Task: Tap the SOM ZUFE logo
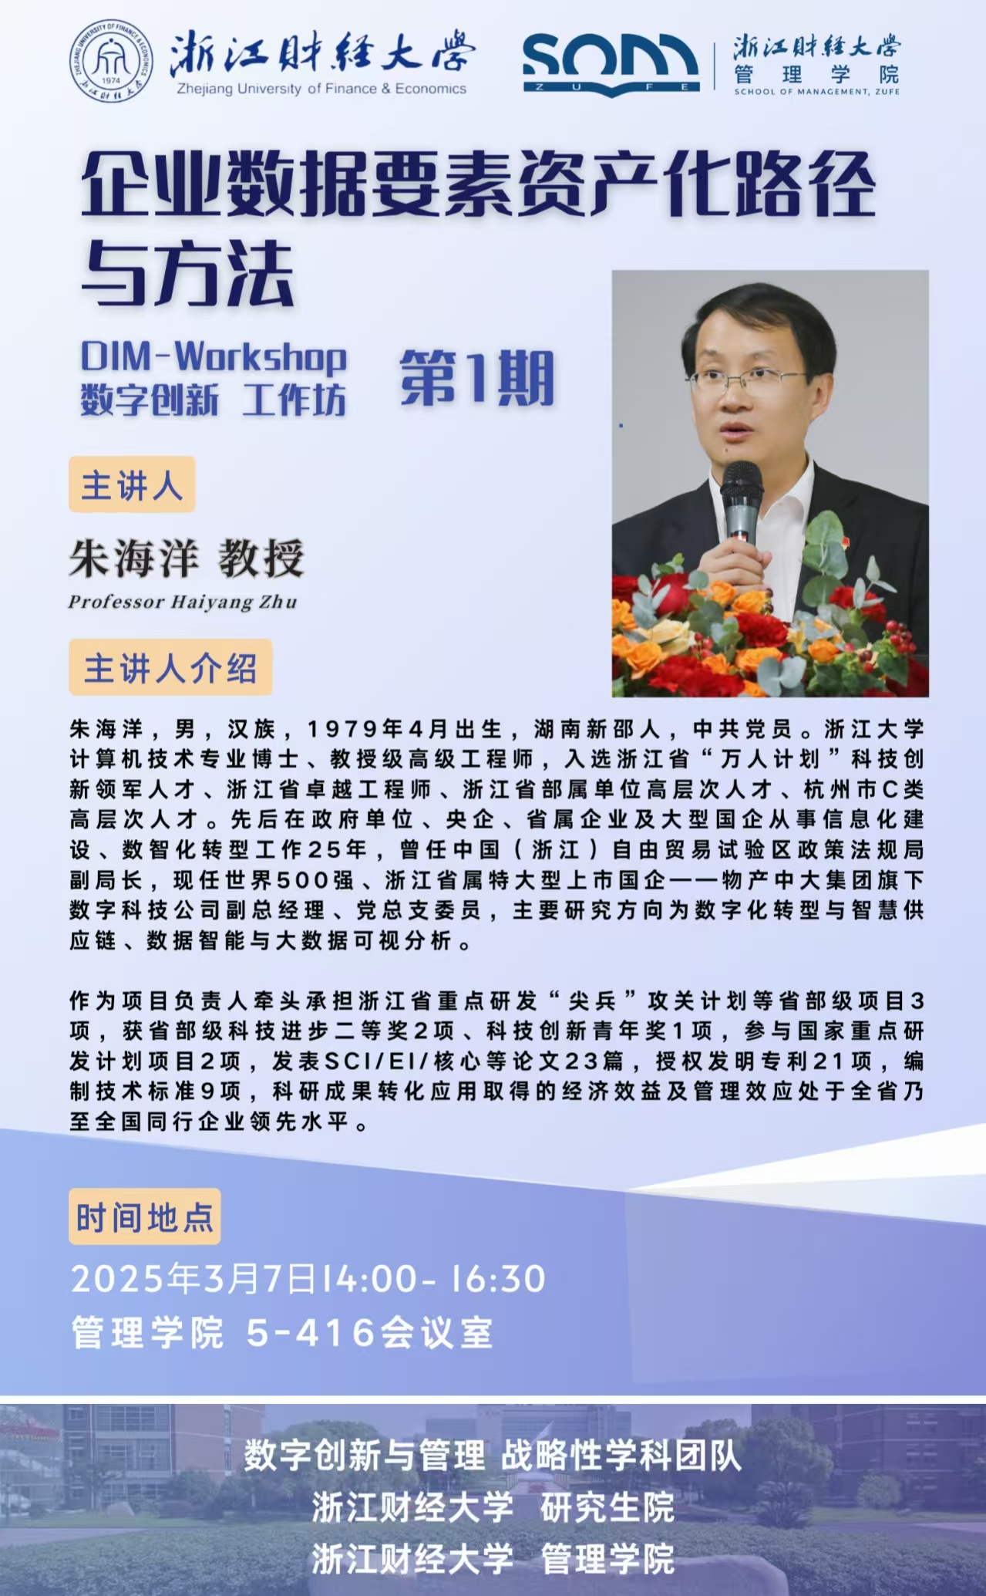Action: click(x=611, y=65)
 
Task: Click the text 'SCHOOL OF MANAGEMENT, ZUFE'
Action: click(x=816, y=92)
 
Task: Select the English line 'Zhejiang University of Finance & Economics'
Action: click(x=321, y=89)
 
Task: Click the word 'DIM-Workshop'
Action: click(x=214, y=357)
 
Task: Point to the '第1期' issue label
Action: click(x=477, y=378)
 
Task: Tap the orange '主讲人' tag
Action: click(x=132, y=485)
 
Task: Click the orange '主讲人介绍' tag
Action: click(x=170, y=668)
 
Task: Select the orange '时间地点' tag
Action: click(x=145, y=1217)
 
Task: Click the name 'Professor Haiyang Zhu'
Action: click(x=183, y=602)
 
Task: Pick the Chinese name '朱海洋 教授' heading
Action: click(x=187, y=558)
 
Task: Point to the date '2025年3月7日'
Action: click(x=194, y=1279)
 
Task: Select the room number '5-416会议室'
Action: click(x=369, y=1333)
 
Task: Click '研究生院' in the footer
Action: click(x=607, y=1508)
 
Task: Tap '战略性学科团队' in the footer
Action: click(x=621, y=1456)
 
